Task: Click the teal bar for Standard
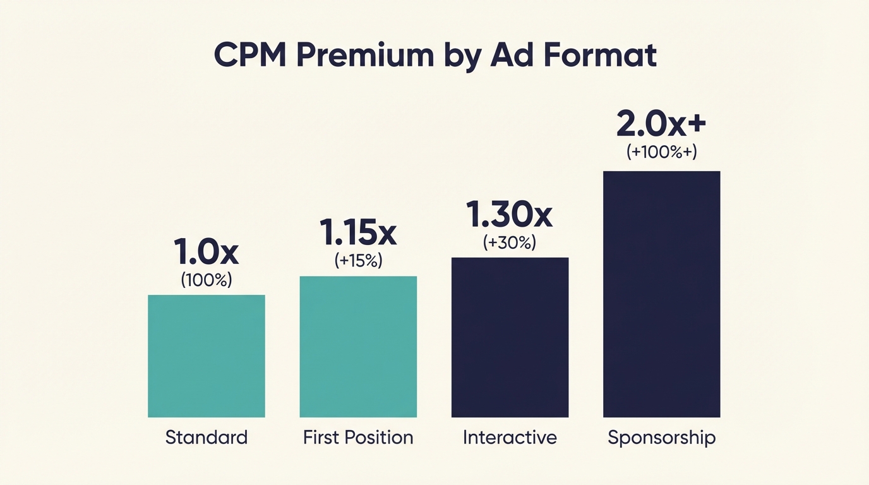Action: pyautogui.click(x=207, y=356)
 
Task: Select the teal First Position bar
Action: pyautogui.click(x=358, y=346)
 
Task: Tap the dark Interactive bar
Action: pyautogui.click(x=510, y=337)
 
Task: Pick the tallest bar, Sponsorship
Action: pyautogui.click(x=661, y=294)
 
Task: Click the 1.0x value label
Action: pyautogui.click(x=207, y=252)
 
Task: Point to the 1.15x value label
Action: pyautogui.click(x=358, y=233)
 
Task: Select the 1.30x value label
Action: pyautogui.click(x=509, y=215)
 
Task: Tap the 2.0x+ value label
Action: pyautogui.click(x=661, y=124)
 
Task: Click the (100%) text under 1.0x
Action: pyautogui.click(x=207, y=280)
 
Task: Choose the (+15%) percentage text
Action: pyautogui.click(x=358, y=261)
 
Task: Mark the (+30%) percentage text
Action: pyautogui.click(x=509, y=242)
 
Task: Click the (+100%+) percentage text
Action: pyautogui.click(x=661, y=152)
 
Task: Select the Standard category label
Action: pyautogui.click(x=207, y=437)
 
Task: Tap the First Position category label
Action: pyautogui.click(x=358, y=437)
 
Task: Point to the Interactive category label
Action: pyautogui.click(x=510, y=437)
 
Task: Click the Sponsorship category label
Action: pyautogui.click(x=661, y=438)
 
